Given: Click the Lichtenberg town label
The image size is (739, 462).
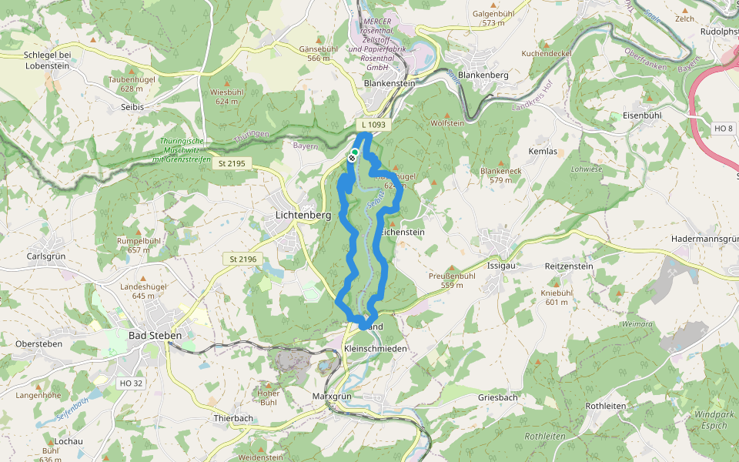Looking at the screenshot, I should coord(303,216).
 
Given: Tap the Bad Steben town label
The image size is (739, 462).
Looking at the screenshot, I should coord(156,336).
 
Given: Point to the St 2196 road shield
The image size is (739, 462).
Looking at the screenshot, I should coord(242,259).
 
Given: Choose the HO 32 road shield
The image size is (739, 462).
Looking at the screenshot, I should coord(131,383).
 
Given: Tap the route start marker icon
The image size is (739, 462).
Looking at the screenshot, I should coord(353,156).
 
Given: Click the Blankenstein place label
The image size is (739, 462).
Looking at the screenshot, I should coord(389,83).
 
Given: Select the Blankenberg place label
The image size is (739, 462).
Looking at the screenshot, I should coord(483,75).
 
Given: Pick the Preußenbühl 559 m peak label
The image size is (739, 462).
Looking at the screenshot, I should coord(451,280).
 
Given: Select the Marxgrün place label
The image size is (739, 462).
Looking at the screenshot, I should coord(332,396).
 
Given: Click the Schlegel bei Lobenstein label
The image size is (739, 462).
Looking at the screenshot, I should coord(47,60).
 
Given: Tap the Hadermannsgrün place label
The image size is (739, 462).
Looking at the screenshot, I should coord(704,240).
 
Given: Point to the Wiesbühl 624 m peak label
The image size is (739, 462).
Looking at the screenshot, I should coord(226,96).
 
